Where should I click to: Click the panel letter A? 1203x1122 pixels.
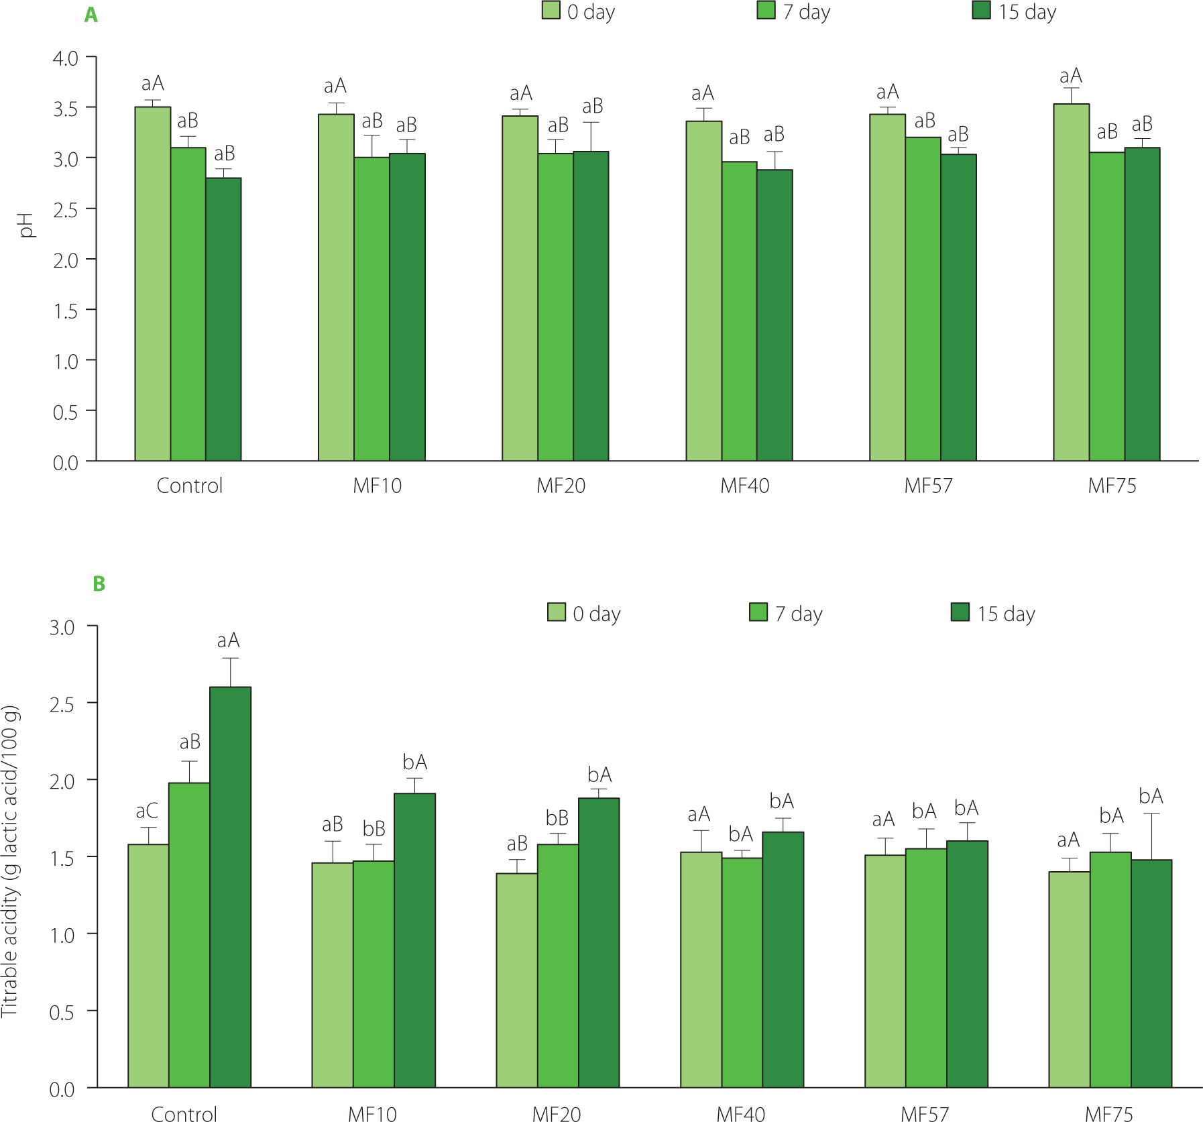91,15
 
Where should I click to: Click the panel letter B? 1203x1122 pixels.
99,583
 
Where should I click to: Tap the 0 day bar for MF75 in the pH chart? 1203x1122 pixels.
1071,282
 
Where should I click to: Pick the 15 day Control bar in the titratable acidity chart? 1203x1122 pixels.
230,887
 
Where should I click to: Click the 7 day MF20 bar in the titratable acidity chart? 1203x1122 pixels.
557,966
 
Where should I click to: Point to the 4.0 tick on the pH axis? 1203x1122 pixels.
66,58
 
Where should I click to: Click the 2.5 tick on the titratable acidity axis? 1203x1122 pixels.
62,704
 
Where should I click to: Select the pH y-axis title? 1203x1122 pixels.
26,225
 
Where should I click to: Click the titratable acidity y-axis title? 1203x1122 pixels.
11,862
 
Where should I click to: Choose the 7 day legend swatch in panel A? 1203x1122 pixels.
766,10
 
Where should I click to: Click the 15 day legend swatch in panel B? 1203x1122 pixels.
960,612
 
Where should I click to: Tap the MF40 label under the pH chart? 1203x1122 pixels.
744,486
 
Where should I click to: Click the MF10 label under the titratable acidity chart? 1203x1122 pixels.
372,1114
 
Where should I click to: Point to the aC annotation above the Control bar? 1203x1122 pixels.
147,811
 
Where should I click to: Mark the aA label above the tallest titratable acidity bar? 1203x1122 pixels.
228,640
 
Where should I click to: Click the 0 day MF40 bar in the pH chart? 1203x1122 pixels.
703,290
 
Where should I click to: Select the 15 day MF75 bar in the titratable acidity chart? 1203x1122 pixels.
1151,973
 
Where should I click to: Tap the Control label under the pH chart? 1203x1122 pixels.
189,486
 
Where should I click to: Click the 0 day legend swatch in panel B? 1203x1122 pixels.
557,612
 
